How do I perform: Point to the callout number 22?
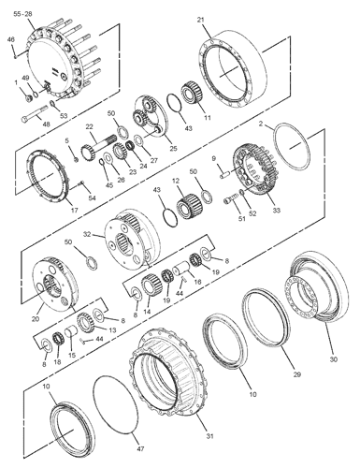coord(90,128)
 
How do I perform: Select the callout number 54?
coord(91,197)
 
